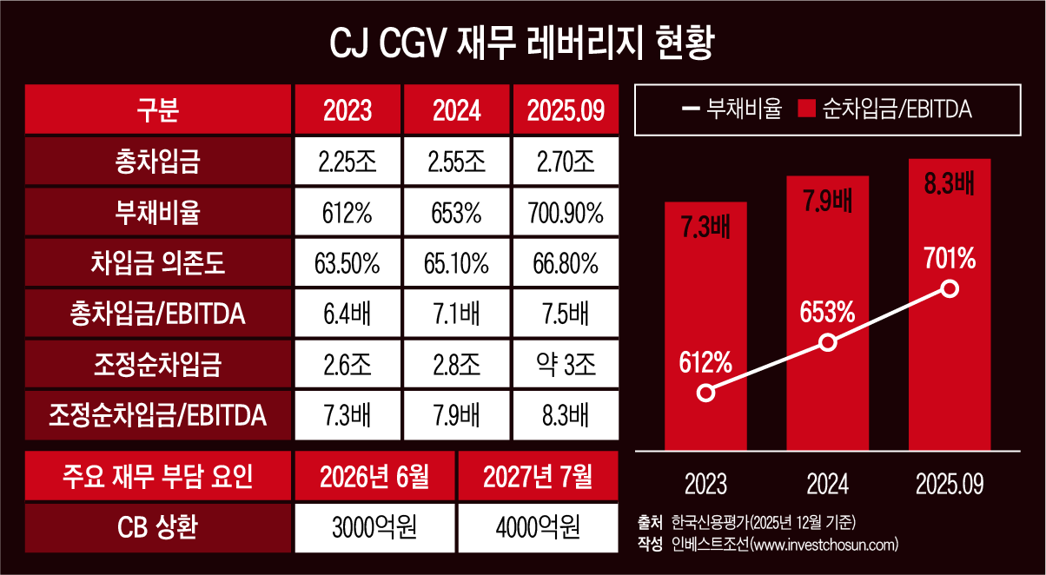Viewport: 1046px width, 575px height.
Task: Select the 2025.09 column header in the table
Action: click(x=566, y=110)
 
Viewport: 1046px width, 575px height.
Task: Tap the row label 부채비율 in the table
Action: click(x=157, y=213)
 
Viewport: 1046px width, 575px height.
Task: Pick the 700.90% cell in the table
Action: click(x=566, y=213)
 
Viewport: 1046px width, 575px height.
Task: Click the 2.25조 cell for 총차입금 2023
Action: click(x=348, y=162)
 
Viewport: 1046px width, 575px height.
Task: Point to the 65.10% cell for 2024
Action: click(x=458, y=263)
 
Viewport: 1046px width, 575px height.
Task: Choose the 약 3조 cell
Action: click(x=566, y=365)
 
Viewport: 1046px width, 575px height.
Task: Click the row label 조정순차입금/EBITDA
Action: click(x=157, y=416)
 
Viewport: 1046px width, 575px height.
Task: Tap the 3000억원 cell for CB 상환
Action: click(x=374, y=527)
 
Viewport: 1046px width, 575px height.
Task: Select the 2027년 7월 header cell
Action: click(x=538, y=477)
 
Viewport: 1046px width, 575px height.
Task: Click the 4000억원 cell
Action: click(x=538, y=527)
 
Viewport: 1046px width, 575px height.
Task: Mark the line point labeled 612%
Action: click(x=706, y=393)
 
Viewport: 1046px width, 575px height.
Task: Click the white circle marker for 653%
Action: click(x=828, y=342)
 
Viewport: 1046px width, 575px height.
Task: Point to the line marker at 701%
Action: click(x=950, y=289)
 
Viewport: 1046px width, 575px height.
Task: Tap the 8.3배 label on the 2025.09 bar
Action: click(x=950, y=184)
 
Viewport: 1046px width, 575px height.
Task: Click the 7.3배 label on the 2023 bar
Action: click(x=706, y=228)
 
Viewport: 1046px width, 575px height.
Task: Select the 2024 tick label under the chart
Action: click(x=828, y=483)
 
